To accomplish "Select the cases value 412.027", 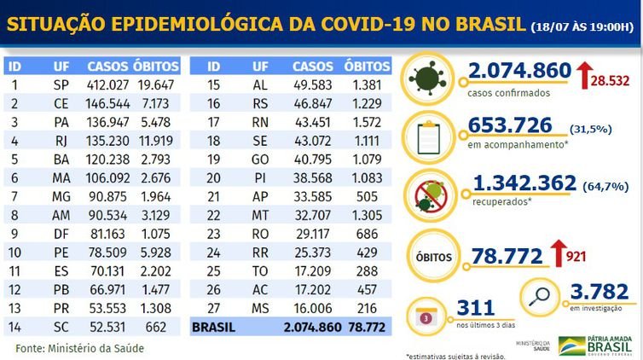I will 107,84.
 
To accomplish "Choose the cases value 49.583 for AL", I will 311,84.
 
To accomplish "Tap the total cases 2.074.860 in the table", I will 308,326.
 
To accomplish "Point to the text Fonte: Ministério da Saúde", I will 80,348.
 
